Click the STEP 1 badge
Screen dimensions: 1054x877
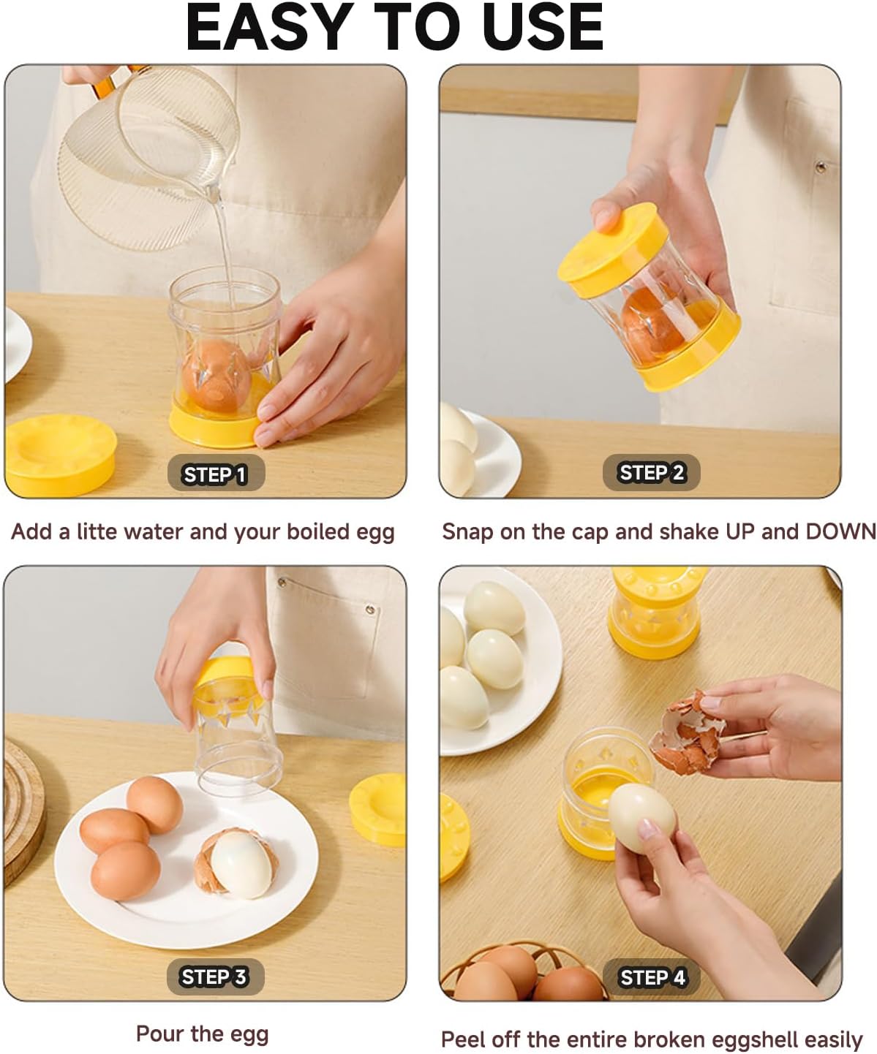[215, 474]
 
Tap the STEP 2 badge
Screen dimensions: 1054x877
[651, 473]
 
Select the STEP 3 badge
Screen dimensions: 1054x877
[214, 977]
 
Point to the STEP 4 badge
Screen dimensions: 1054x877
[652, 977]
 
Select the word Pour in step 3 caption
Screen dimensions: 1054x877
[159, 1034]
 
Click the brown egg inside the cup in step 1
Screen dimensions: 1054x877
[216, 373]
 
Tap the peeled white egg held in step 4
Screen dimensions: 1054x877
[642, 816]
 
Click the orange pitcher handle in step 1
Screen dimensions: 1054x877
[107, 84]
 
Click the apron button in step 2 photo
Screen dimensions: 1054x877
[821, 168]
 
